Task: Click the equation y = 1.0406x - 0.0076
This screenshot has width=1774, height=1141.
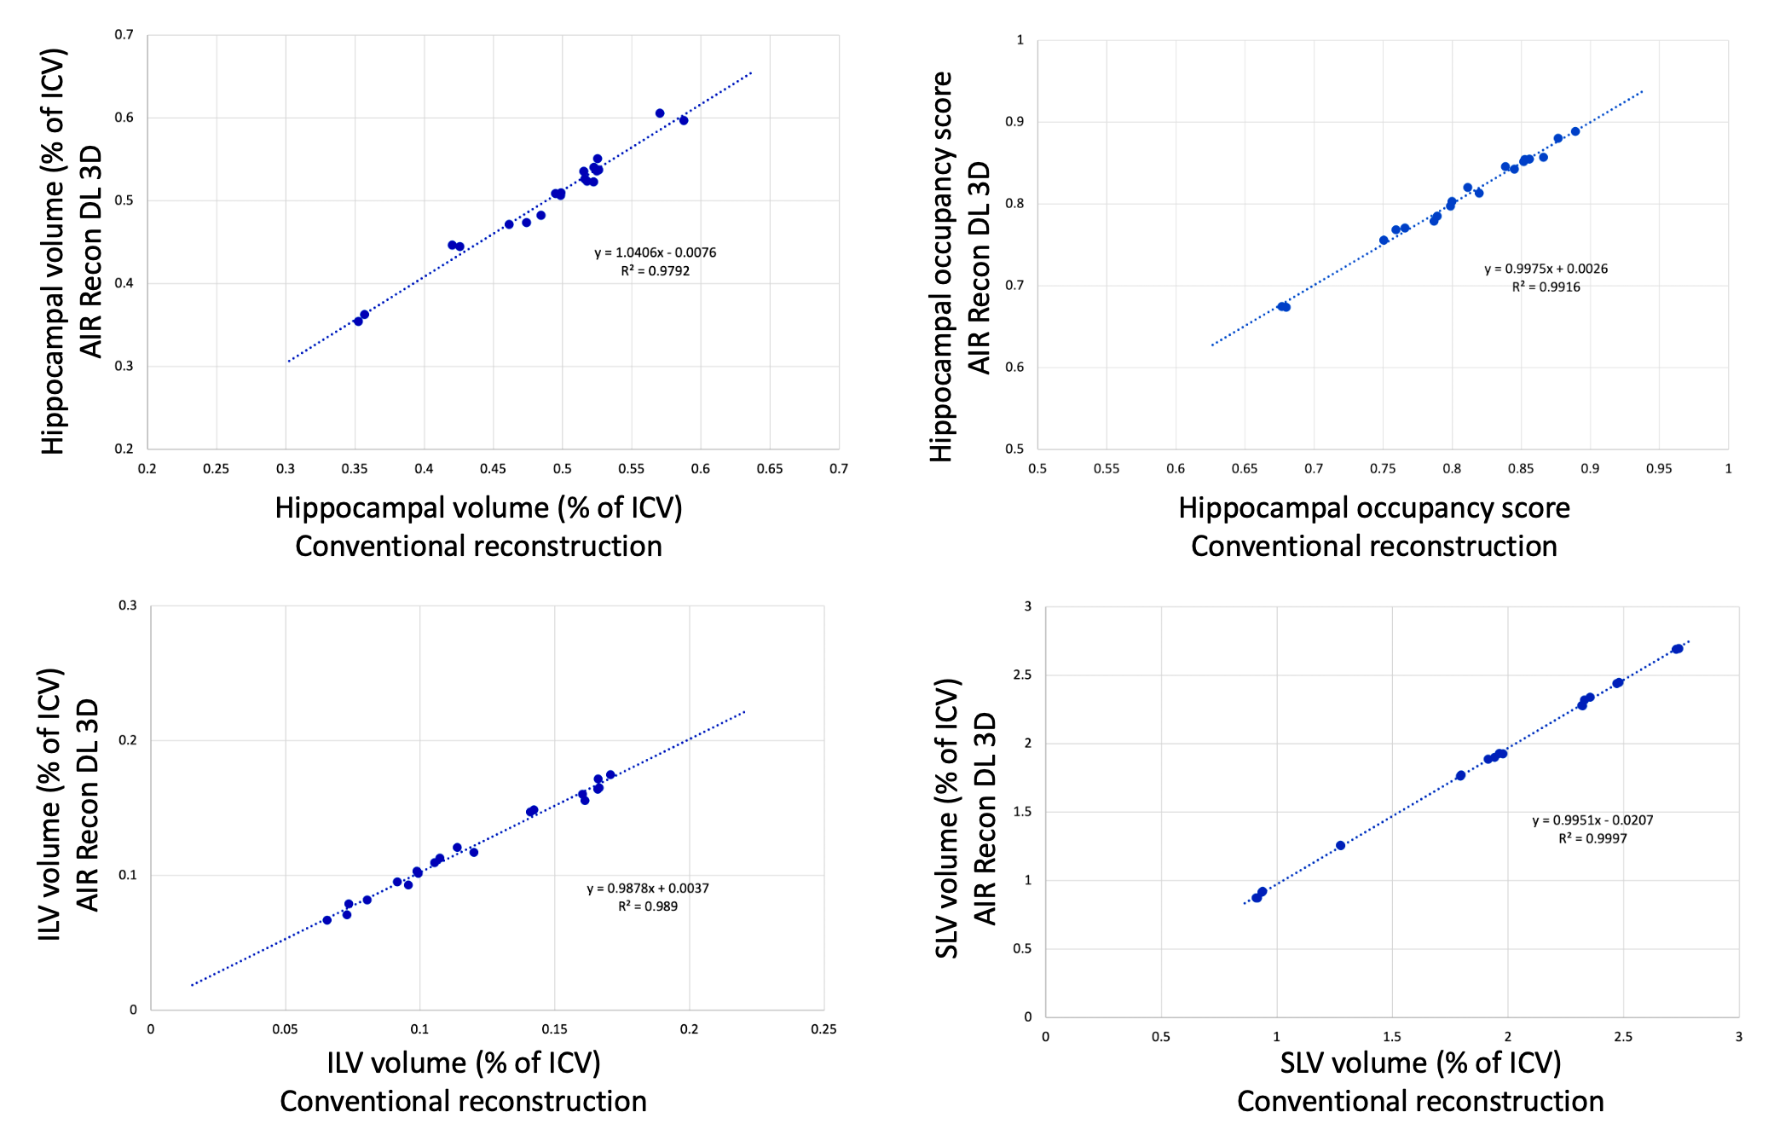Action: pos(655,252)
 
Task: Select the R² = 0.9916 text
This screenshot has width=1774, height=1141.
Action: pos(1546,287)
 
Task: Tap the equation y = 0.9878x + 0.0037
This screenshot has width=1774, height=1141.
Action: pos(647,889)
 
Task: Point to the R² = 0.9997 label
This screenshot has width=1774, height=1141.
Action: pos(1592,839)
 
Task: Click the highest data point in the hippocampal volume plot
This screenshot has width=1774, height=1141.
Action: pos(660,113)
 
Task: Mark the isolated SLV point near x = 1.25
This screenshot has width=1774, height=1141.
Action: pos(1340,846)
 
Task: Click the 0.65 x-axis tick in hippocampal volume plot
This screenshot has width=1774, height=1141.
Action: pos(769,469)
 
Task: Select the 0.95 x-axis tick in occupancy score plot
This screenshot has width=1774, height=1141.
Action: pos(1659,469)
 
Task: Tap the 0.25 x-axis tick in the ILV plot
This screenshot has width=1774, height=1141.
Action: pos(823,1029)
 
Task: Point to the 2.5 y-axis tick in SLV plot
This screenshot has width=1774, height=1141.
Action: pos(1021,675)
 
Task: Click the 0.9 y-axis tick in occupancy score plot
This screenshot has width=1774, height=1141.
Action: pos(1014,122)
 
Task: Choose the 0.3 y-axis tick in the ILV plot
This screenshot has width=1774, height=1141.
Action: pos(128,605)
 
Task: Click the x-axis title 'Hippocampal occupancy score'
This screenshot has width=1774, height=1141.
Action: pos(1373,508)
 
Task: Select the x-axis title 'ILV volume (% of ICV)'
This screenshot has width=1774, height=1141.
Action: pos(463,1063)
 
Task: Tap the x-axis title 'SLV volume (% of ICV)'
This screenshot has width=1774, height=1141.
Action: pos(1420,1063)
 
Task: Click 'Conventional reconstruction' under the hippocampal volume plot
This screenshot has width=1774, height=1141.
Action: pos(478,547)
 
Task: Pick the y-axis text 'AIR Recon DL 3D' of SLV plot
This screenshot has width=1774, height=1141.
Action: pos(985,819)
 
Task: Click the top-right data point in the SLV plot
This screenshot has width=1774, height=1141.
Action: pos(1678,649)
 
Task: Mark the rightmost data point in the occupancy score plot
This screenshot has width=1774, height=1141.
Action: pos(1575,131)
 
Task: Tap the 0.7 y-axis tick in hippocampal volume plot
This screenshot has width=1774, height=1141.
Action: pos(124,35)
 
